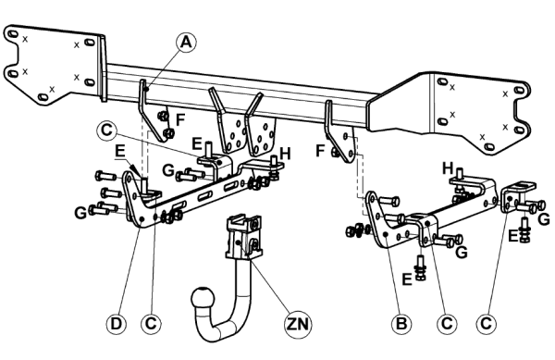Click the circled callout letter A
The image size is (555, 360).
pos(186,43)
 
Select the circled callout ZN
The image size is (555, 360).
pos(298,324)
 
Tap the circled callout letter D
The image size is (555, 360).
pos(116,324)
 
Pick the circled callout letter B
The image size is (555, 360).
pos(401,324)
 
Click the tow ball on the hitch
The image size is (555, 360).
pos(203,299)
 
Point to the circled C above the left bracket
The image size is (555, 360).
pos(106,130)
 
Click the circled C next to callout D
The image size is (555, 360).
pos(151,324)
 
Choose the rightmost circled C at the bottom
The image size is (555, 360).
pos(486,324)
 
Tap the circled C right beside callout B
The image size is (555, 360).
pos(447,324)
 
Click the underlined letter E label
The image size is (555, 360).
pos(120,152)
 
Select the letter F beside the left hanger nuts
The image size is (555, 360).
pos(180,120)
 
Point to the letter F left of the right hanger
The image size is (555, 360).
pos(320,151)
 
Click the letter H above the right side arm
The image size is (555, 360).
pos(448,168)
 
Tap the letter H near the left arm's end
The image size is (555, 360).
pos(285,155)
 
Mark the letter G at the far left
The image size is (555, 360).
pos(80,213)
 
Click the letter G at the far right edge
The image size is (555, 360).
pos(543,219)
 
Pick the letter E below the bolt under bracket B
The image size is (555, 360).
pos(407,279)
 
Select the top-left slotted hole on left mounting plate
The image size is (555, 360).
pos(12,34)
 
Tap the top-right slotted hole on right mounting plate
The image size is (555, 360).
pos(519,91)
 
